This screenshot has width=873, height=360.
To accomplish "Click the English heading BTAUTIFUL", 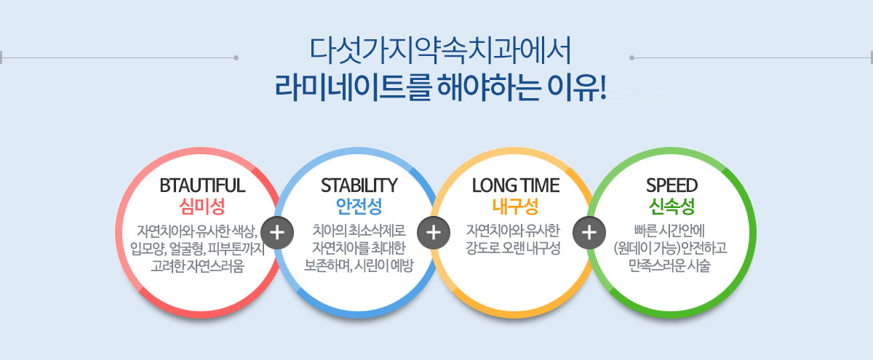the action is pyautogui.click(x=202, y=185).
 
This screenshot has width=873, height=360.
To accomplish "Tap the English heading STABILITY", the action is pyautogui.click(x=359, y=185).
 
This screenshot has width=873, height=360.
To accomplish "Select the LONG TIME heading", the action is pyautogui.click(x=516, y=185).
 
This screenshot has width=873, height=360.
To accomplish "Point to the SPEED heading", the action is pyautogui.click(x=671, y=185).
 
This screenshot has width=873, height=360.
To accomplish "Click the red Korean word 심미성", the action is pyautogui.click(x=202, y=207).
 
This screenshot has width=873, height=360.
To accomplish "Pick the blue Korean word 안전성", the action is pyautogui.click(x=359, y=207).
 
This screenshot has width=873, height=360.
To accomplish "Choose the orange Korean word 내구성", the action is pyautogui.click(x=515, y=207).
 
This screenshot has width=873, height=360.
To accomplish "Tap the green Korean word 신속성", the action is pyautogui.click(x=671, y=207).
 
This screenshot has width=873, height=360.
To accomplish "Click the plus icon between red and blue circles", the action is pyautogui.click(x=277, y=233).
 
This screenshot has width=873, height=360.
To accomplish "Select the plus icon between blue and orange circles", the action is pyautogui.click(x=434, y=233).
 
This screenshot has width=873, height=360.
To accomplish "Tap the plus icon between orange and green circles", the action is pyautogui.click(x=589, y=233).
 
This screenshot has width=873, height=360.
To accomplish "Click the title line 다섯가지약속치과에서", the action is pyautogui.click(x=440, y=51).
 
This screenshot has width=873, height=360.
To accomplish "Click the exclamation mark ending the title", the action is pyautogui.click(x=602, y=87).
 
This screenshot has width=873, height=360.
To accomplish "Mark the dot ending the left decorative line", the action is pyautogui.click(x=236, y=57).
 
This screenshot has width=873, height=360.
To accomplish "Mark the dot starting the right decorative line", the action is pyautogui.click(x=631, y=57).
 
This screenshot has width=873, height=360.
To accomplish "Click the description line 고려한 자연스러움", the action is pyautogui.click(x=198, y=266).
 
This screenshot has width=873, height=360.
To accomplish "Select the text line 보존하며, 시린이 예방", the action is pyautogui.click(x=359, y=265).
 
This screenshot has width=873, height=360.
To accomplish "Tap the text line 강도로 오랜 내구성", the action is pyautogui.click(x=513, y=248).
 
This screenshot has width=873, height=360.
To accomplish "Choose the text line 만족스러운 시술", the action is pyautogui.click(x=669, y=265).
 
